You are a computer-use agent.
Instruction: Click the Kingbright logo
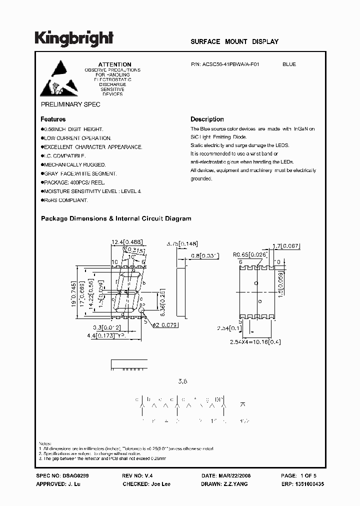[x=74, y=38]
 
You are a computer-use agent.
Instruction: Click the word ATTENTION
[x=114, y=64]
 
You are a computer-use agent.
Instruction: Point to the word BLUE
[x=289, y=64]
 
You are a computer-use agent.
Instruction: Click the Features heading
[x=53, y=119]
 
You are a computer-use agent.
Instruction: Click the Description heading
[x=207, y=119]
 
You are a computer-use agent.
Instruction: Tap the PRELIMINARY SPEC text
[x=70, y=104]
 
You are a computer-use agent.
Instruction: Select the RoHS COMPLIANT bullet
[x=66, y=200]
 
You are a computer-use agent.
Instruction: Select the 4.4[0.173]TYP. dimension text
[x=105, y=336]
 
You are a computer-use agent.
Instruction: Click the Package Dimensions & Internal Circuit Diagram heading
[x=115, y=218]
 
